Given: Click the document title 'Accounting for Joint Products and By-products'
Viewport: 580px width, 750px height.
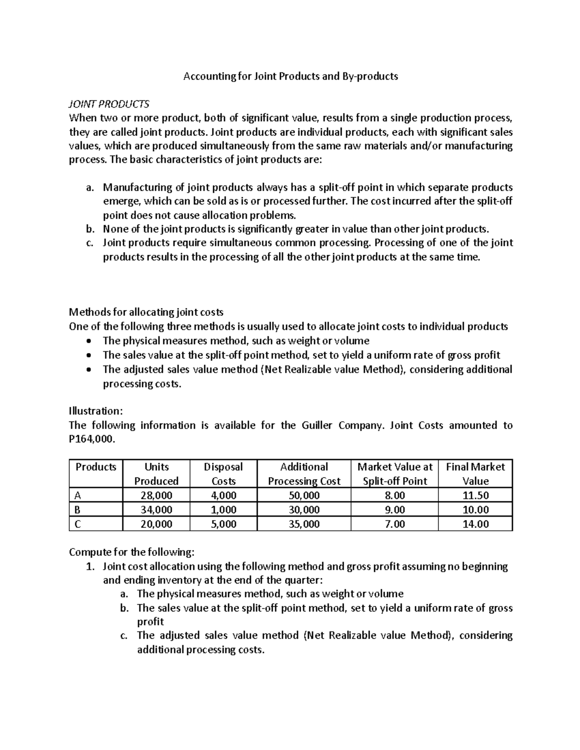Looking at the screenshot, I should (x=290, y=76).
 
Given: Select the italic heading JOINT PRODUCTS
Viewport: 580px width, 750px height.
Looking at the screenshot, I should (x=109, y=104).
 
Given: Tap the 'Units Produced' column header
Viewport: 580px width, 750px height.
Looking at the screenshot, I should (x=156, y=474).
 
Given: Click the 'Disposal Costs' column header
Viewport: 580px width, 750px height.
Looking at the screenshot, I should (x=223, y=474).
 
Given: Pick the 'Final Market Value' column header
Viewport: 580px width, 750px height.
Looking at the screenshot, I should (x=475, y=474).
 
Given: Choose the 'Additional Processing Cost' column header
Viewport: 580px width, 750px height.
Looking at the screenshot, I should (x=304, y=474).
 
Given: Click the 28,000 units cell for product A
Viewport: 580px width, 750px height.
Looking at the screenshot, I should (x=156, y=495).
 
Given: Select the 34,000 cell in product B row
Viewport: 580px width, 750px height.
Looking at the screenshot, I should (x=156, y=509).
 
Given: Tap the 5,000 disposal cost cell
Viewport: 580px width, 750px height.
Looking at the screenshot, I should (x=223, y=524).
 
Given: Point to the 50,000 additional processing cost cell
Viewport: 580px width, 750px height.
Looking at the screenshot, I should (x=304, y=495).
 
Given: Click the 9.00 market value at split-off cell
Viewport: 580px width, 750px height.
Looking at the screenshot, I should (x=395, y=509).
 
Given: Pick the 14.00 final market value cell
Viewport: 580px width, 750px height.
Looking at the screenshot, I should (x=475, y=524).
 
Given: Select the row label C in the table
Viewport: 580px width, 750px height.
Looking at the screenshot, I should (x=78, y=524).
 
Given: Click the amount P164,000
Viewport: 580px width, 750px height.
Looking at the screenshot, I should (x=93, y=439).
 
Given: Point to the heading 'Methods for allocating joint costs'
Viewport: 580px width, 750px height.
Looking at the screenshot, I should (x=146, y=312).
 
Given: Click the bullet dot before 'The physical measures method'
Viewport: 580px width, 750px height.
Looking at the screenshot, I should (x=87, y=341).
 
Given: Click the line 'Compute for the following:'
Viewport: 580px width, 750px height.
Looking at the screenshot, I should (x=132, y=552).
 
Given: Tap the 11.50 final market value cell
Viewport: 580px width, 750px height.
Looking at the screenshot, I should (x=475, y=495).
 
